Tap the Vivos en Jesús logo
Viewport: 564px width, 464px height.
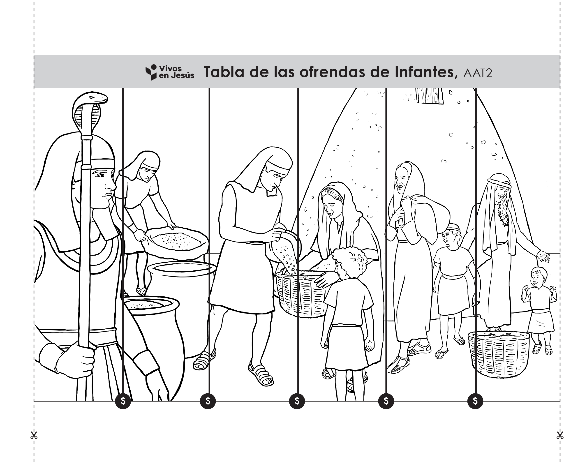click(x=170, y=72)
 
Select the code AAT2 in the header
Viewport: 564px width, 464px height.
click(x=478, y=73)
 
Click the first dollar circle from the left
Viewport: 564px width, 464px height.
click(x=123, y=401)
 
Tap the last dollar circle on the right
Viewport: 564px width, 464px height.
click(x=475, y=401)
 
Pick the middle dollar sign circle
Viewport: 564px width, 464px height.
click(x=297, y=401)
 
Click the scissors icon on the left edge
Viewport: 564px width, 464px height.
click(x=34, y=436)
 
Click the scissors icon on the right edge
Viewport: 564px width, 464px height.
click(x=560, y=436)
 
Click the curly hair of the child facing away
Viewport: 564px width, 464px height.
click(x=349, y=261)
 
